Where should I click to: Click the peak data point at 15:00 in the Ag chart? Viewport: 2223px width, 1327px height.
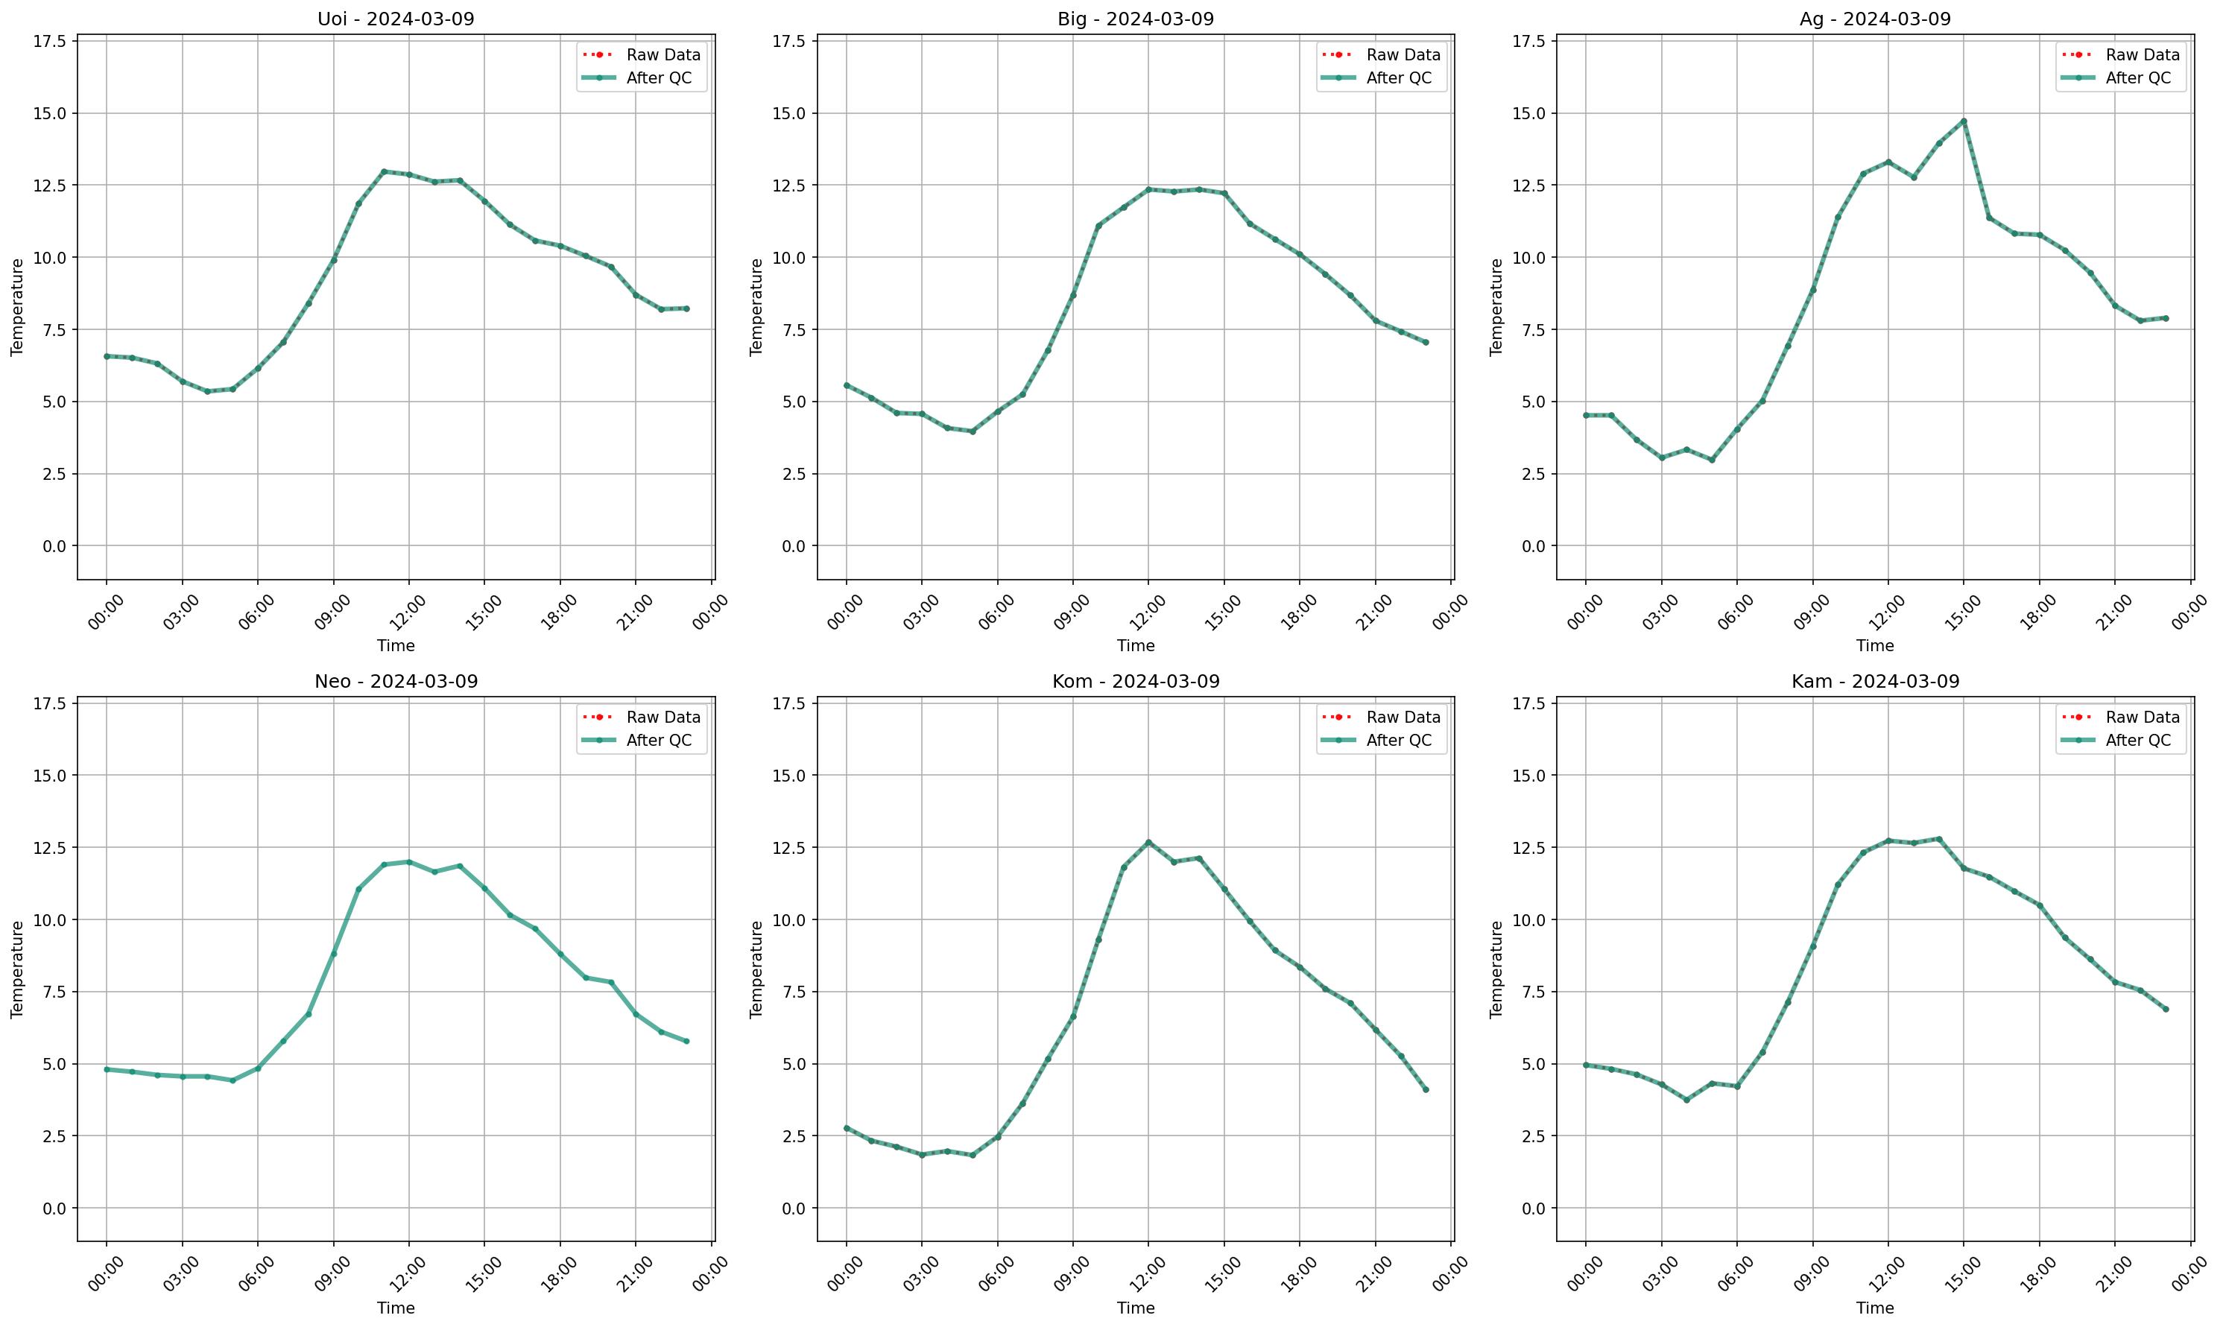pos(1964,121)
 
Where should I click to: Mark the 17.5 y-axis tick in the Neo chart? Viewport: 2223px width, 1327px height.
pos(54,704)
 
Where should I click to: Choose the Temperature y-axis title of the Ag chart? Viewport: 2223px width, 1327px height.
pos(1496,307)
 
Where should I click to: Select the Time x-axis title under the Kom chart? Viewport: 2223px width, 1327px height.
pos(1136,1308)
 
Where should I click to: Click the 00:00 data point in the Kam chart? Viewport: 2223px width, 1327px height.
pos(1585,1065)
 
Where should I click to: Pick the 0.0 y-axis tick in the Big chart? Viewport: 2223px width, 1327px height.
pos(793,545)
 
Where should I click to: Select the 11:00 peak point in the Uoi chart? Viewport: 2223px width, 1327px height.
pos(384,171)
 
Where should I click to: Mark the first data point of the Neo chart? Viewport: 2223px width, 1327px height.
pos(107,1069)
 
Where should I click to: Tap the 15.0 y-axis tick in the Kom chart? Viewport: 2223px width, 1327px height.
pos(793,776)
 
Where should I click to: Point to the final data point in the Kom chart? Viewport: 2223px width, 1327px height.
pos(1426,1089)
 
